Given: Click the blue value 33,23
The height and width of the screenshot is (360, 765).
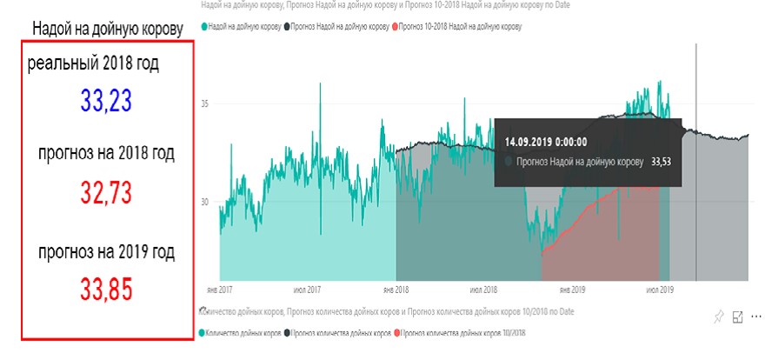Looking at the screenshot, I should pyautogui.click(x=106, y=101).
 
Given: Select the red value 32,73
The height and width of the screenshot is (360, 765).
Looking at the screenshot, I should pyautogui.click(x=106, y=191).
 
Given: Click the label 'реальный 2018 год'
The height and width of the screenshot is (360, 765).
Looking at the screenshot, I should pyautogui.click(x=94, y=63).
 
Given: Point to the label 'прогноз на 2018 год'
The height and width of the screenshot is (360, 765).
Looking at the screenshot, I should pyautogui.click(x=106, y=154).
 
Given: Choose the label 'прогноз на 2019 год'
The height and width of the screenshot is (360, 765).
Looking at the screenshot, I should pyautogui.click(x=106, y=252).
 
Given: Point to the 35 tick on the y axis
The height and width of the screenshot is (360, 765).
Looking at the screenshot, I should pyautogui.click(x=205, y=103).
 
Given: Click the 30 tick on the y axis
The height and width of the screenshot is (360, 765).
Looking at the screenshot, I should pyautogui.click(x=205, y=202).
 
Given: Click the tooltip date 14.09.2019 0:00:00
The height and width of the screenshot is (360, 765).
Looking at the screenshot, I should pyautogui.click(x=546, y=141).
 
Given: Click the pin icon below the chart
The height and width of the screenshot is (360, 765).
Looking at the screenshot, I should pyautogui.click(x=718, y=317).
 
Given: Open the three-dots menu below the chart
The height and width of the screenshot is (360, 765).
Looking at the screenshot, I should pyautogui.click(x=756, y=317).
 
